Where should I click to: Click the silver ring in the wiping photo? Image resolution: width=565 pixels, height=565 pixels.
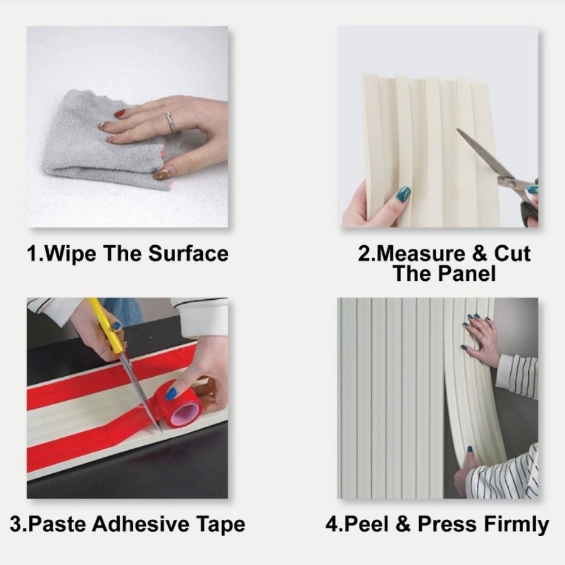point(171,122)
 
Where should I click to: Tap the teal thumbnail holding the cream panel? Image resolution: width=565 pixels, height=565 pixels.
point(403,194)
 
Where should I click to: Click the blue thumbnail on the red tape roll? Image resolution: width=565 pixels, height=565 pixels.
point(171,394)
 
